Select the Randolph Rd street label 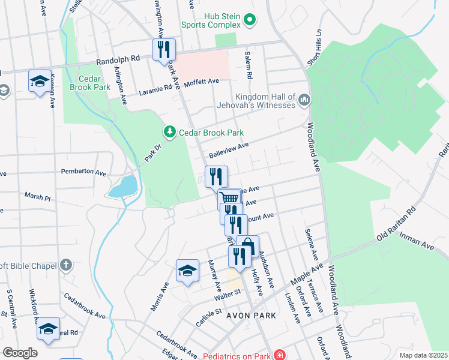[118, 61]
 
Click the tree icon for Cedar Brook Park [170, 132]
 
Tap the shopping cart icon [230, 198]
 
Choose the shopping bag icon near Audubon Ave [247, 246]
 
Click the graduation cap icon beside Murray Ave [187, 271]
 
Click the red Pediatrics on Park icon [279, 355]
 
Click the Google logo [20, 353]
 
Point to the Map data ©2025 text [423, 355]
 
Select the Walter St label [228, 293]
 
